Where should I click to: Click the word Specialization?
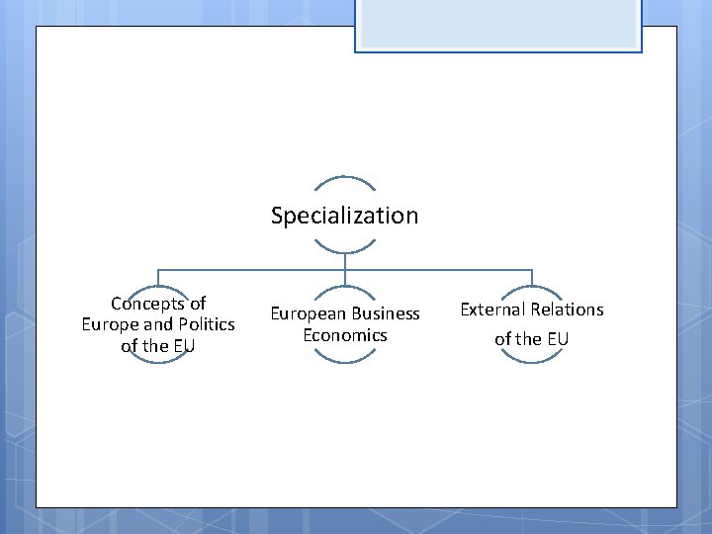tap(344, 216)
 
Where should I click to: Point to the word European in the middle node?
tap(307, 313)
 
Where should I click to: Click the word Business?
tap(384, 313)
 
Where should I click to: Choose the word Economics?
tap(344, 335)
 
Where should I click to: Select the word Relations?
tap(569, 310)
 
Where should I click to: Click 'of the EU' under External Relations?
tap(531, 339)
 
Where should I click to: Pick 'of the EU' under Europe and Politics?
tap(158, 346)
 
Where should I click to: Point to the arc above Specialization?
tap(344, 180)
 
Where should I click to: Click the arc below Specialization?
tap(344, 251)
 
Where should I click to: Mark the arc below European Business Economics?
tap(344, 360)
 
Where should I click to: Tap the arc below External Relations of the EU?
tap(531, 360)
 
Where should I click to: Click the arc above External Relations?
tap(531, 290)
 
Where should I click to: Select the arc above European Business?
tap(344, 290)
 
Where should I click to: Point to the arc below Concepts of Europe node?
tap(158, 361)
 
